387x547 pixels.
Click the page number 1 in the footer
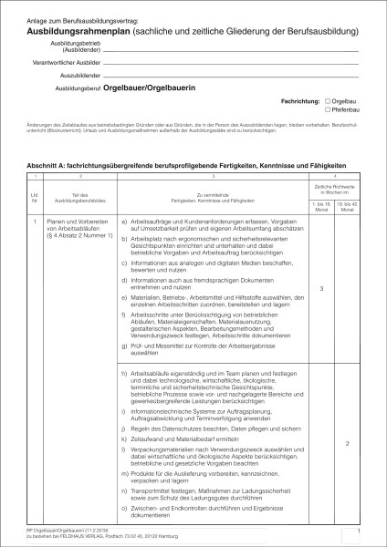coord(360,529)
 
